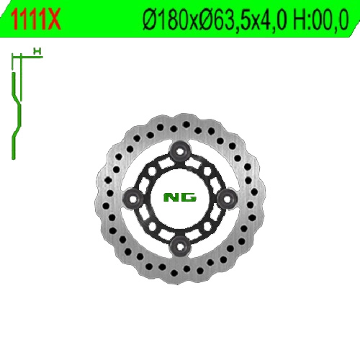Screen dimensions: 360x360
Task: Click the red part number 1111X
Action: [x=35, y=19]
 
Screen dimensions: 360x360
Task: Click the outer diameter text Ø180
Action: [x=166, y=20]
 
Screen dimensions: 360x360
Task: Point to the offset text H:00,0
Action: [x=320, y=20]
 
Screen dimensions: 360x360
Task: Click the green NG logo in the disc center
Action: [x=180, y=197]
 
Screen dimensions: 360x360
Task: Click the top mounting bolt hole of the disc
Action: [x=180, y=151]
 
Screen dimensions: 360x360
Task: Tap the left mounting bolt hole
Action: [x=133, y=198]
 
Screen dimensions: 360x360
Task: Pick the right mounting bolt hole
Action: [x=227, y=198]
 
